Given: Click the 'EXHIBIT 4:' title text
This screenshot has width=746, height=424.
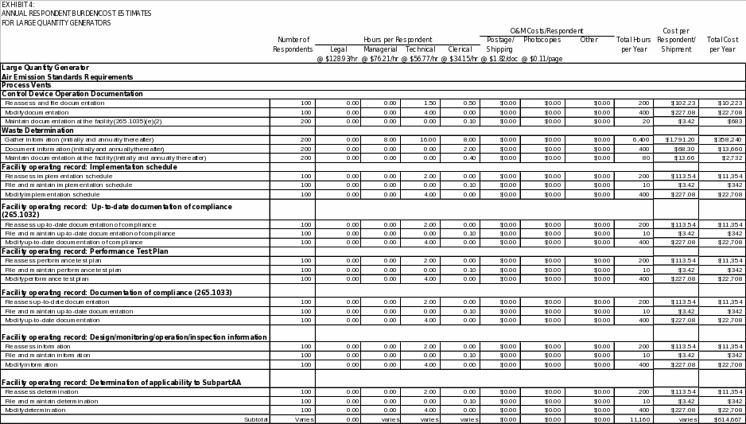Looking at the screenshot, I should (17, 5).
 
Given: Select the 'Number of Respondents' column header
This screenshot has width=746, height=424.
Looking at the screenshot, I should (293, 45).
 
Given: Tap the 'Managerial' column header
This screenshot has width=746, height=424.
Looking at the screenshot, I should (380, 49).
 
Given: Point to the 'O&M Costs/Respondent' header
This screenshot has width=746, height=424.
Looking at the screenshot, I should (546, 30).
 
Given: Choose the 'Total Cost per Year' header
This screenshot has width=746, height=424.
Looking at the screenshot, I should (722, 45).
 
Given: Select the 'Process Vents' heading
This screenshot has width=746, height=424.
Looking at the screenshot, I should (26, 85).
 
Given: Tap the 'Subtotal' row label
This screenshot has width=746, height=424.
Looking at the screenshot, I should (256, 419).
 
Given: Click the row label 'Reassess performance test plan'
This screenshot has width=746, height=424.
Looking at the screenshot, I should (53, 261).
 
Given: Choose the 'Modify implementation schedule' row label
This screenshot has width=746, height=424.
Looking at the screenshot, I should (52, 194).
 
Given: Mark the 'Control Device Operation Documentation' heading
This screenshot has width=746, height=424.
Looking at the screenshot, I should (72, 94).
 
